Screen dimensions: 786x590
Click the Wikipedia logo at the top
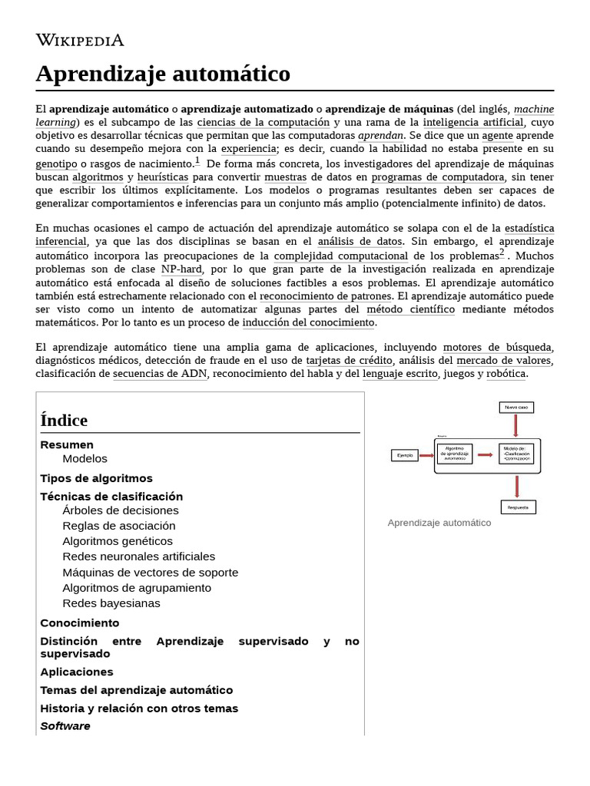tap(80, 41)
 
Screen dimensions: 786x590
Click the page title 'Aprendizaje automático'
tap(163, 74)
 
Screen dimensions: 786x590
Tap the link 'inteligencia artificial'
tap(473, 122)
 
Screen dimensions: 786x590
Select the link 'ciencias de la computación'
tap(263, 122)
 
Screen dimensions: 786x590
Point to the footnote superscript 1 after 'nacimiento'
tap(197, 160)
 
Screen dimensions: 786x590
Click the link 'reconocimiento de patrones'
tap(326, 296)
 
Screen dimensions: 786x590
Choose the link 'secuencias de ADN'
tap(161, 374)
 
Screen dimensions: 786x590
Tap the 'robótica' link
tap(506, 374)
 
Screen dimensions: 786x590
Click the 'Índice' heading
tap(64, 420)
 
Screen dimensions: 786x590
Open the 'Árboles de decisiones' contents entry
tap(121, 510)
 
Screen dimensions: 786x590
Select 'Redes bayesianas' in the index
tap(111, 603)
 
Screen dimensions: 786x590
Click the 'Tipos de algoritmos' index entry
tap(96, 478)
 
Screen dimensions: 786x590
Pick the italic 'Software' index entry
tap(65, 726)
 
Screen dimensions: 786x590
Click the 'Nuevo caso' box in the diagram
tap(515, 407)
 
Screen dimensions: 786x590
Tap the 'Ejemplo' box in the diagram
tap(404, 455)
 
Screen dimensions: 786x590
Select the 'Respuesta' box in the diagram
tap(517, 507)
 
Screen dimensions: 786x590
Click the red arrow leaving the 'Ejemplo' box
tap(426, 455)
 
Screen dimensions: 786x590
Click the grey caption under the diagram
tap(439, 523)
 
